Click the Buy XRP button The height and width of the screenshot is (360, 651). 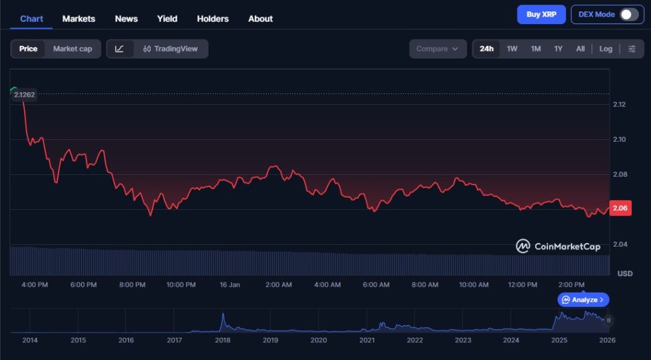(541, 15)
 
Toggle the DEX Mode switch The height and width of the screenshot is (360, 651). (629, 15)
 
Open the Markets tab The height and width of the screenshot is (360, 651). (79, 18)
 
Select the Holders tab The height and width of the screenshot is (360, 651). (212, 18)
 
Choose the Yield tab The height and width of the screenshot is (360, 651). (167, 18)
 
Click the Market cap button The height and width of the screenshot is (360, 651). (72, 49)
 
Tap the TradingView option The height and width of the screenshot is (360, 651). (170, 49)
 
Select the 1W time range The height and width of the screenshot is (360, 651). (512, 49)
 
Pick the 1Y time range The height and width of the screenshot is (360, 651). (558, 49)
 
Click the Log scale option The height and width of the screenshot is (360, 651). (606, 49)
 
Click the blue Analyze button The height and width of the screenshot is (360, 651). (584, 300)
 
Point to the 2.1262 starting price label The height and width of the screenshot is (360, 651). (25, 95)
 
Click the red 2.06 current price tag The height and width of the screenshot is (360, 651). (620, 208)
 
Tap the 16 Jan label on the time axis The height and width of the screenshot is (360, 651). (230, 284)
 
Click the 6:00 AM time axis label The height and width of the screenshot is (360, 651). (376, 284)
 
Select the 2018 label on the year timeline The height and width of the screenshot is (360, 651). (223, 340)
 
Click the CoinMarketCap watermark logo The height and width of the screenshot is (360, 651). (558, 246)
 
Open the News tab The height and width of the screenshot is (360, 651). (126, 18)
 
